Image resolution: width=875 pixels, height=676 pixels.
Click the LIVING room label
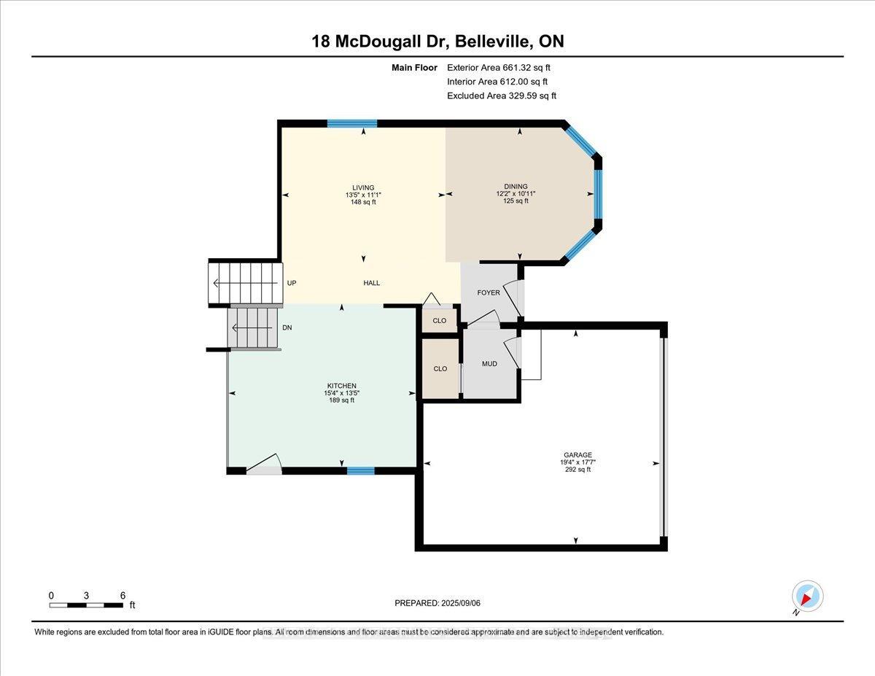[x=363, y=187]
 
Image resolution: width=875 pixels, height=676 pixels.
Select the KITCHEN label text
[x=341, y=386]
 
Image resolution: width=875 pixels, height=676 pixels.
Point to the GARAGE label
[x=576, y=455]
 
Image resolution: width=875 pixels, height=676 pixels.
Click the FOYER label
[x=489, y=293]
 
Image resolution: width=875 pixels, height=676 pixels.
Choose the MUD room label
[x=489, y=364]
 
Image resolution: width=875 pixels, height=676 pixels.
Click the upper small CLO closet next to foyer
[x=440, y=321]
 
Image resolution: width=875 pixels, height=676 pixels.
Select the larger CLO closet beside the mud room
[x=440, y=369]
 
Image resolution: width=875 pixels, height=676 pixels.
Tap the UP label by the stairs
[x=292, y=284]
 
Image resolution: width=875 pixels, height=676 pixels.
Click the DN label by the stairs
[x=287, y=328]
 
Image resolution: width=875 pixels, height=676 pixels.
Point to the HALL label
[x=372, y=284]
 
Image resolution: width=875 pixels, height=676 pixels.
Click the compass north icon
[x=806, y=597]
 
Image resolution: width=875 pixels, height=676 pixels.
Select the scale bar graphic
[x=86, y=605]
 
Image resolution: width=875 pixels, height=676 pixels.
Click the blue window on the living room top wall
[x=351, y=124]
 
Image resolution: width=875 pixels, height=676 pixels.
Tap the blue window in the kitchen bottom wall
[x=360, y=471]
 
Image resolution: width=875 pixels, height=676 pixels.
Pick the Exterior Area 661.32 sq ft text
[x=498, y=68]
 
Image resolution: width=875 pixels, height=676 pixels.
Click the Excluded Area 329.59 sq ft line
[x=501, y=96]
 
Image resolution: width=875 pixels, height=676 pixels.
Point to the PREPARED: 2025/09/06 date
[x=437, y=603]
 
